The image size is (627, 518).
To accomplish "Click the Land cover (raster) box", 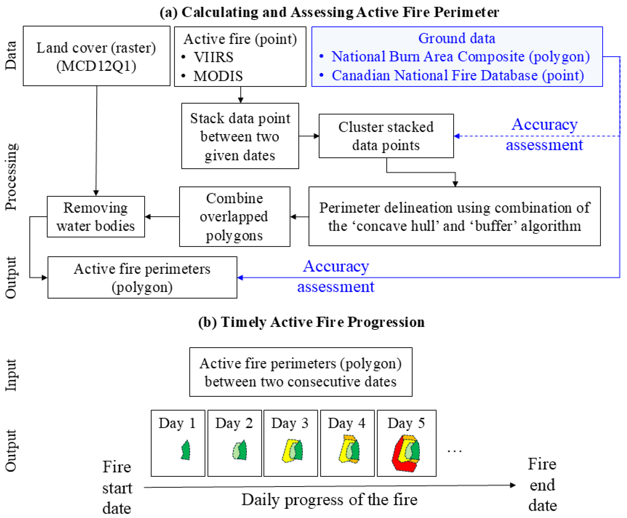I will (x=96, y=56).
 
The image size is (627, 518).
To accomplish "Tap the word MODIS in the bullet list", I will (x=218, y=76).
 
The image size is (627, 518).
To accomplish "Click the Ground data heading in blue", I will (x=457, y=38).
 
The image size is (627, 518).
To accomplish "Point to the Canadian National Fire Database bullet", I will (x=458, y=75).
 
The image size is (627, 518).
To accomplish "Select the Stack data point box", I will (x=240, y=136).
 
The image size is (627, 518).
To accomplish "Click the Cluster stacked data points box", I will (x=386, y=136).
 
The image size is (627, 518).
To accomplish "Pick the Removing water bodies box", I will (x=96, y=217).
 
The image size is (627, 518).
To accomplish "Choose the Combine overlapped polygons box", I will (x=234, y=217).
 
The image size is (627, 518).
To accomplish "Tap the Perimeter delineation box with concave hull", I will (x=454, y=217).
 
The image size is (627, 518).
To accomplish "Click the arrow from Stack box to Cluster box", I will (x=309, y=136).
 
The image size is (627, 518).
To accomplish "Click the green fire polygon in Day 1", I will (x=186, y=451).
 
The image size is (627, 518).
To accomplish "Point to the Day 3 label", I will (x=290, y=423).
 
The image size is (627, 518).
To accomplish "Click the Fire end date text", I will (x=542, y=485).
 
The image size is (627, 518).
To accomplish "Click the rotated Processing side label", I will (x=11, y=177).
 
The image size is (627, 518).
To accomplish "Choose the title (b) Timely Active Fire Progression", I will (x=311, y=322).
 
